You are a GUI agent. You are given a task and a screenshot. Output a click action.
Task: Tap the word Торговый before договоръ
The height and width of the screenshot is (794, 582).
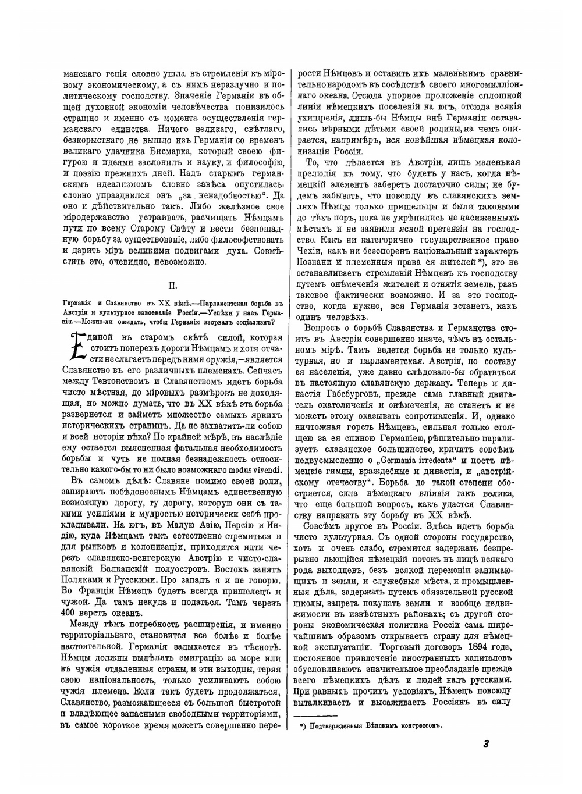(x=403, y=646)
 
